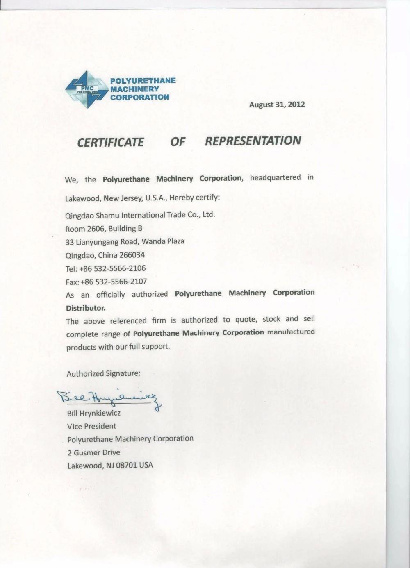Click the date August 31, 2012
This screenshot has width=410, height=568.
coord(277,105)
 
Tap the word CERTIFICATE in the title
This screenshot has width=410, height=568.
coord(111,142)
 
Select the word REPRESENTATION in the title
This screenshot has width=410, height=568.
coord(253,141)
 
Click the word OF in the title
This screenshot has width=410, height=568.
coord(178,142)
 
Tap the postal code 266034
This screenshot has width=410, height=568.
coord(132,255)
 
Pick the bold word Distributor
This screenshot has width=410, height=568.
coord(86,308)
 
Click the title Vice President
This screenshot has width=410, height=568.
coord(91,426)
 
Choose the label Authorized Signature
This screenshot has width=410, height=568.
coord(103,373)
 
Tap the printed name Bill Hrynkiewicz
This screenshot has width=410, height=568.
coord(94,413)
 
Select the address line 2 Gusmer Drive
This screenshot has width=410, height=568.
coord(94,452)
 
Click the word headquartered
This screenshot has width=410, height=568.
coord(275,177)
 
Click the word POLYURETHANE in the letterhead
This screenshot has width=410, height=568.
coord(143,80)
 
